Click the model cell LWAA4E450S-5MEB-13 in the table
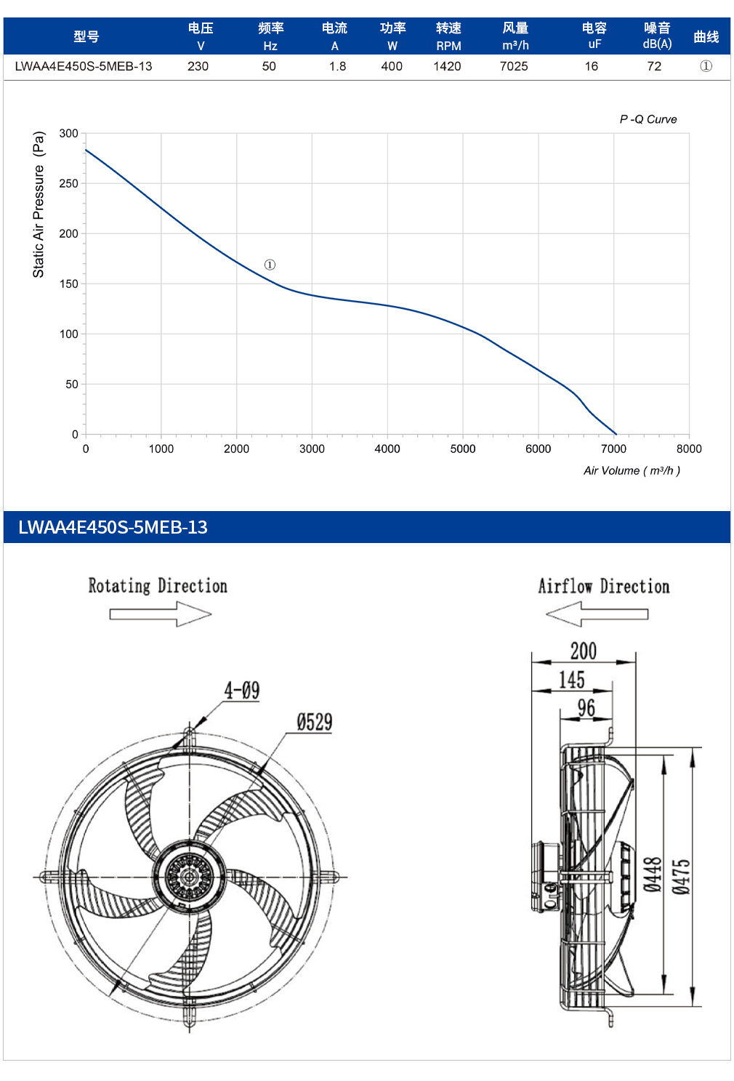84,66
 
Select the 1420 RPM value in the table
447,66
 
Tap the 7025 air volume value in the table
514,66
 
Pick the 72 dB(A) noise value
654,66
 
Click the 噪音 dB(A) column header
657,36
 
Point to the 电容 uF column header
594,36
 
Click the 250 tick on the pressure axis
68,183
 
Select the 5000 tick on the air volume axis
463,449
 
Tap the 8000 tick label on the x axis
689,449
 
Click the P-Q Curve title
648,119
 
